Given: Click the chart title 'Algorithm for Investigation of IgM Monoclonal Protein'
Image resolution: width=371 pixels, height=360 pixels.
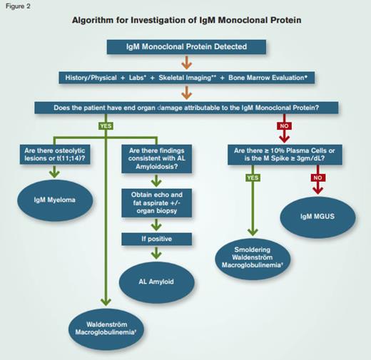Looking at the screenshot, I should (x=185, y=21).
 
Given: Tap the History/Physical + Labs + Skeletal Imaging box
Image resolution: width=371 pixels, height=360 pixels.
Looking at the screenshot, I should (x=185, y=76).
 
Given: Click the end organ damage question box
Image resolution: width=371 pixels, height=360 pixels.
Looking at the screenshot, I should (x=185, y=107).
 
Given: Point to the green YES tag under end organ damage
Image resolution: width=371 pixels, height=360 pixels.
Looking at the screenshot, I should (x=106, y=125).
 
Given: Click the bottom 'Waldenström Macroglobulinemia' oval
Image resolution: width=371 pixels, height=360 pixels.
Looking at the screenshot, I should (x=106, y=329).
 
